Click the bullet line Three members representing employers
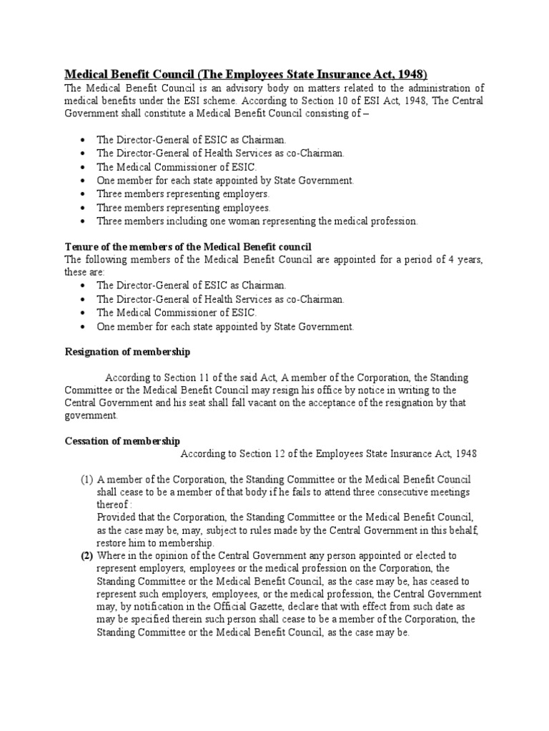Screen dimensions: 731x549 [183, 193]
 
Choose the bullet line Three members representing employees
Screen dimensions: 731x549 [184, 207]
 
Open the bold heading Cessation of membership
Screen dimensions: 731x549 [122, 440]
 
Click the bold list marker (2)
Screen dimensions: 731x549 [86, 555]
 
